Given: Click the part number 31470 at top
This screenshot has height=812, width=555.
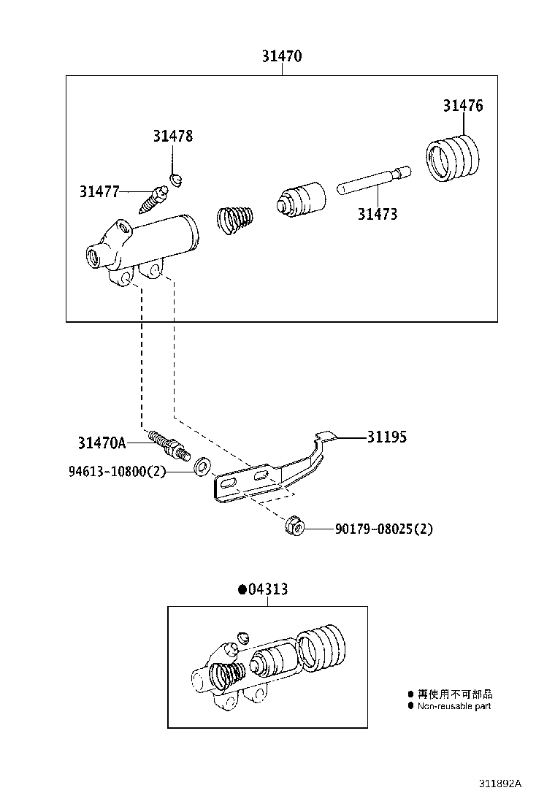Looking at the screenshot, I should point(282,56).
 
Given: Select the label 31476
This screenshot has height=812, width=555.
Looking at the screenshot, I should point(462,105).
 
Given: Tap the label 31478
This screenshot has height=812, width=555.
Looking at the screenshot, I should point(172,136).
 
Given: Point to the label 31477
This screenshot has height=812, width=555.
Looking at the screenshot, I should point(99,191).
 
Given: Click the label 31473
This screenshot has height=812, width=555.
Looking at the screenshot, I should point(378,214).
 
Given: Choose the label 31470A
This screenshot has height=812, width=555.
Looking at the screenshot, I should point(102,443).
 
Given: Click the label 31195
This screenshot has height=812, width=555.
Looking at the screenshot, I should point(386,437).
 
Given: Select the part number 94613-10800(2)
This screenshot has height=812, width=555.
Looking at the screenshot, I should point(118,472).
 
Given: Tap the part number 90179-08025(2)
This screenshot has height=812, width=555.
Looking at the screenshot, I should point(383,528).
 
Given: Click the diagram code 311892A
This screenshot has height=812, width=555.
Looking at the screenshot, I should point(500,784).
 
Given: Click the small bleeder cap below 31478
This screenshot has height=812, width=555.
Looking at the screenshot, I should point(176,178).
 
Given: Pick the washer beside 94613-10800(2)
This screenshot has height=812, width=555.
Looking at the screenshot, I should point(201,465).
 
